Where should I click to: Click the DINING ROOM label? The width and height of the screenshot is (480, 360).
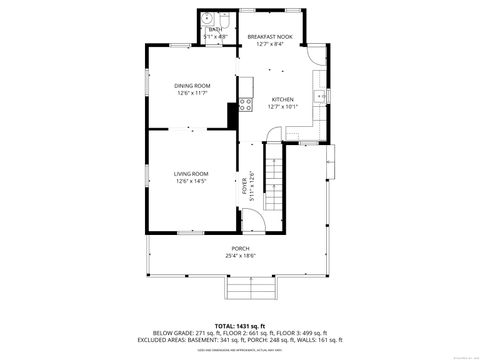coord(193,86)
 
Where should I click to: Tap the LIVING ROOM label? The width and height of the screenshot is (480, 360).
coord(191,173)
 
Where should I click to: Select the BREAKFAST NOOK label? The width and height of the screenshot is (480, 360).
coord(270,36)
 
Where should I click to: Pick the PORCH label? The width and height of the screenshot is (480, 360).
coord(240,248)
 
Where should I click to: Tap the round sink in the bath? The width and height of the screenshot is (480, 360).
coord(205,19)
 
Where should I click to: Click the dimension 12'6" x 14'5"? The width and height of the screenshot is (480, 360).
coord(191,181)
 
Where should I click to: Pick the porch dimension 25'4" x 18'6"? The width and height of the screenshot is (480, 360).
coord(240,256)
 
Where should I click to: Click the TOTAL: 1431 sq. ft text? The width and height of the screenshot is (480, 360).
coord(239,325)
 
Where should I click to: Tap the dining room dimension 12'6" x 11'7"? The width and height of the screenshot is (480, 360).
coord(193,93)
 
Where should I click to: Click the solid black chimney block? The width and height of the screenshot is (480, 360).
coord(234,115)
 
